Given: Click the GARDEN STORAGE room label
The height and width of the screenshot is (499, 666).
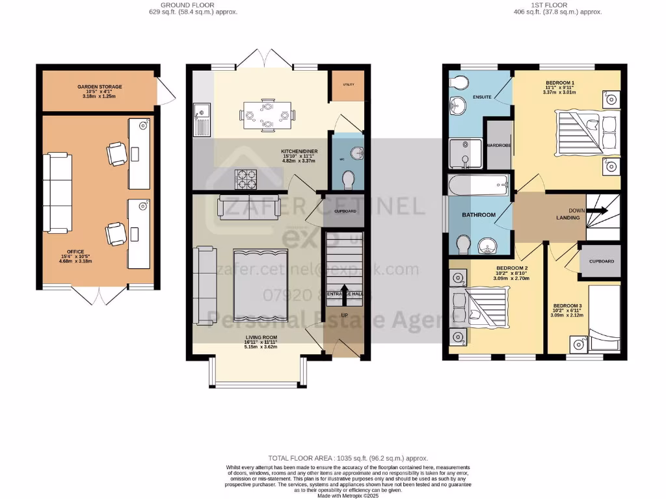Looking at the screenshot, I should [x=100, y=86].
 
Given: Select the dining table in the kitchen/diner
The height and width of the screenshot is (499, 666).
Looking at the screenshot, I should [x=267, y=114].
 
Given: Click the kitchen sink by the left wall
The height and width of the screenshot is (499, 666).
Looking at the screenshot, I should [x=202, y=120].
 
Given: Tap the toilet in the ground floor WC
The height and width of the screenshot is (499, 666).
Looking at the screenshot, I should [x=349, y=178].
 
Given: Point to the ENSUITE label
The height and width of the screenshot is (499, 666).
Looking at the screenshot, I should [x=482, y=97].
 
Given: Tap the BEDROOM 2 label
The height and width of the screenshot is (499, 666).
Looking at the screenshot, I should [x=511, y=268].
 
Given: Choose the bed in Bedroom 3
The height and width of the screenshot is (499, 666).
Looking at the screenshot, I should [x=604, y=318].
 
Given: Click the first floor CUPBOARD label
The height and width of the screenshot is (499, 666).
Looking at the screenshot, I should [x=601, y=261].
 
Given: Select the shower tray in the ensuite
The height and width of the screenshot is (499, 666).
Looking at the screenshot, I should [x=465, y=154].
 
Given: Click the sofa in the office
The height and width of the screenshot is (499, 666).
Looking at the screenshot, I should [x=57, y=192].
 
